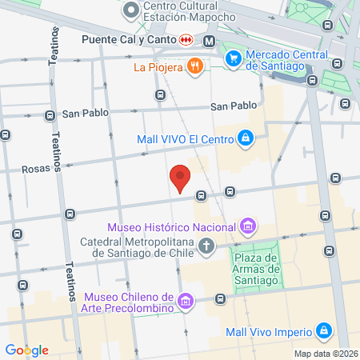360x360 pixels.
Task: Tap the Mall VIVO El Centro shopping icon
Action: [x=246, y=139]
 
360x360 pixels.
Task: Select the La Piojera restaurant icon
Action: [x=194, y=67]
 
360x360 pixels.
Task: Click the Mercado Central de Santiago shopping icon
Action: [x=234, y=57]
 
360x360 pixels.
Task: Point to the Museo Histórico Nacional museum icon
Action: [x=249, y=226]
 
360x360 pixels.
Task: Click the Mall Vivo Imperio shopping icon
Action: [x=323, y=330]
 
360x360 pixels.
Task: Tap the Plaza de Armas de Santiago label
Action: [x=255, y=269]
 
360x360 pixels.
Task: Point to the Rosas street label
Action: [x=37, y=169]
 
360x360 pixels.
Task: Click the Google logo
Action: [x=26, y=350]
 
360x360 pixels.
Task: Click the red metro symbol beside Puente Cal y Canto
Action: [x=186, y=39]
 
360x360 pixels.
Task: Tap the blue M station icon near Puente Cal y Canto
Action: [x=209, y=41]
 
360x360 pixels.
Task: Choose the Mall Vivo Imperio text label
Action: [x=267, y=330]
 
